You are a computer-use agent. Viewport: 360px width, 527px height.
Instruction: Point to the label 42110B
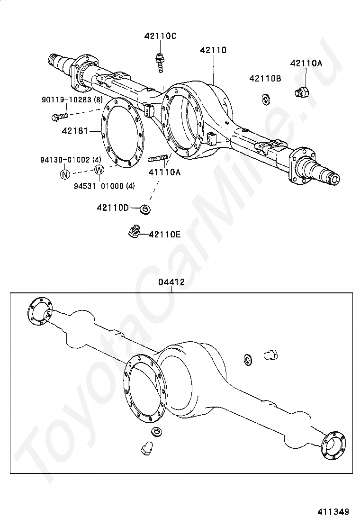(x=265, y=79)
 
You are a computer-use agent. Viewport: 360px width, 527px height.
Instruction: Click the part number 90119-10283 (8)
(x=72, y=100)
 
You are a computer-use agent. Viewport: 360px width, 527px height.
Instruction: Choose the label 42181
(x=75, y=131)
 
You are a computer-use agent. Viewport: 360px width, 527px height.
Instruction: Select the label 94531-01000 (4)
(x=104, y=186)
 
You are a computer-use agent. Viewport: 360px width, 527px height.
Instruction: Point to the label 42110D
(x=113, y=208)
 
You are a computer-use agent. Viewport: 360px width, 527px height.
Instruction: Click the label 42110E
(x=164, y=234)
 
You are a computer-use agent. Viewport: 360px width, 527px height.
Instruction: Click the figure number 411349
(x=333, y=511)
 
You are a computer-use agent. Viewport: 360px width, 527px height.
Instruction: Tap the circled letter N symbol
(x=64, y=174)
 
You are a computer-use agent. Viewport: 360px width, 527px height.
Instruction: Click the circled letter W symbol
(x=99, y=170)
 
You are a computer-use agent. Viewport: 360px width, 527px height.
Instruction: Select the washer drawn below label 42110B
(x=265, y=99)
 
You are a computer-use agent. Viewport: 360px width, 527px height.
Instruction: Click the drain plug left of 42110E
(x=134, y=232)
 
